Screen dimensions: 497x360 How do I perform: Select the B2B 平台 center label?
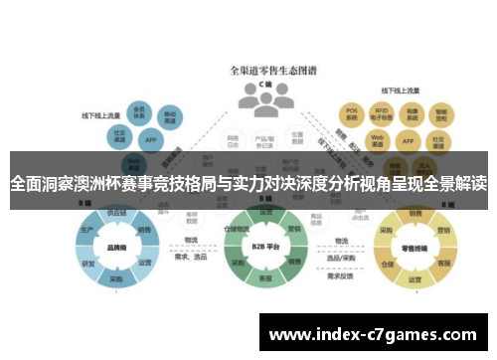coord(265,246)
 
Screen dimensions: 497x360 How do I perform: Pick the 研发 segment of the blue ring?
coord(89,264)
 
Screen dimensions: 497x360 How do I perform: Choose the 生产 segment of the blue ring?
coord(87,230)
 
